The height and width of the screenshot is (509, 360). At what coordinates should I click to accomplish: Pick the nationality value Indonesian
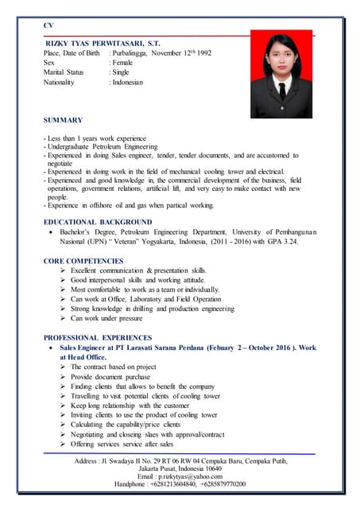tap(128, 82)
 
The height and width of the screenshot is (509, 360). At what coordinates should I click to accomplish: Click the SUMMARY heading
tap(63, 120)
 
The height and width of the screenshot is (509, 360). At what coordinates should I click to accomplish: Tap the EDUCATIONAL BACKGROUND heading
tap(98, 221)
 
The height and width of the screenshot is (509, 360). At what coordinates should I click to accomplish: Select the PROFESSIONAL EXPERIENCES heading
tap(99, 338)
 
